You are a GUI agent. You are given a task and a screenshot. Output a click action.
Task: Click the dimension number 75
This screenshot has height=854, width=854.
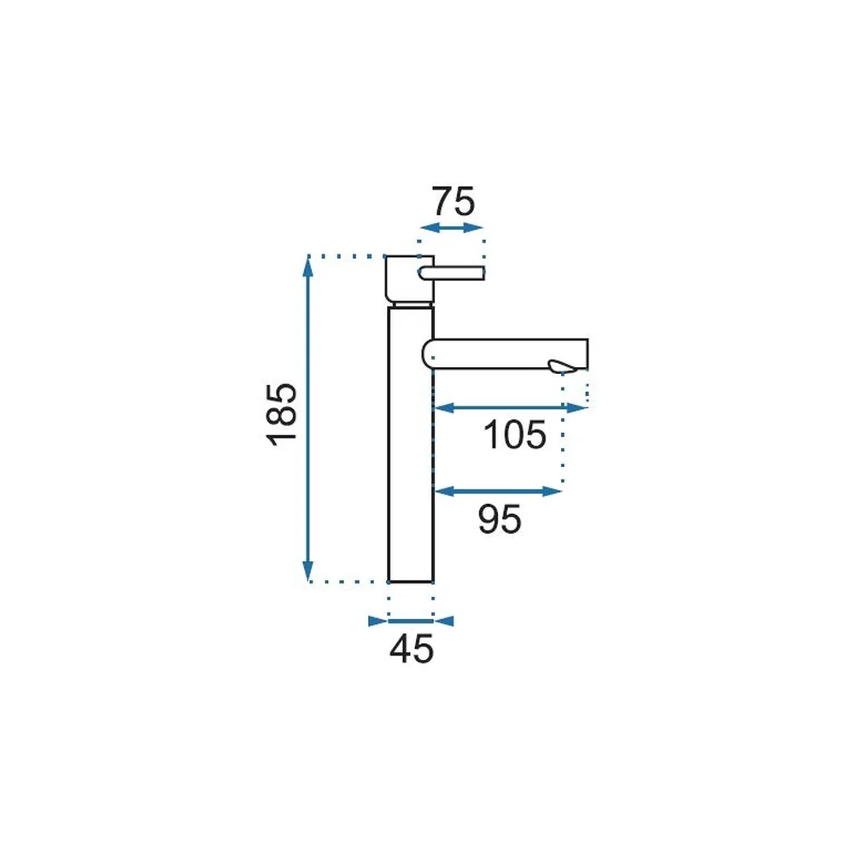click(453, 202)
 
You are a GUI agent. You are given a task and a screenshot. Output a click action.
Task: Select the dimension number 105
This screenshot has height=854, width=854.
click(515, 435)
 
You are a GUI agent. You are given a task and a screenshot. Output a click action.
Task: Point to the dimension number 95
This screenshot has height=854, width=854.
click(500, 518)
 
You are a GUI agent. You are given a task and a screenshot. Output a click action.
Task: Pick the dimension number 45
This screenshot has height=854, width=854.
click(412, 649)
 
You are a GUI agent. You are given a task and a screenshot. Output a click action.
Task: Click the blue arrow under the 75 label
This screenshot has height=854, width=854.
click(452, 228)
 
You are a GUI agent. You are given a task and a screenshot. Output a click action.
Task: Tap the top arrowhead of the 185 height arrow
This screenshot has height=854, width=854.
click(308, 266)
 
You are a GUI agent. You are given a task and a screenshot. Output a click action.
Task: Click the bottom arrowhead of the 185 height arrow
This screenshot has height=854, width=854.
click(308, 572)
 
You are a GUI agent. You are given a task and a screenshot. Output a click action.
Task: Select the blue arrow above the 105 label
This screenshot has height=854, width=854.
click(511, 407)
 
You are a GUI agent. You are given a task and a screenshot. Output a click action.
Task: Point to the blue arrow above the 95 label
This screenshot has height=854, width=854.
click(498, 491)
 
